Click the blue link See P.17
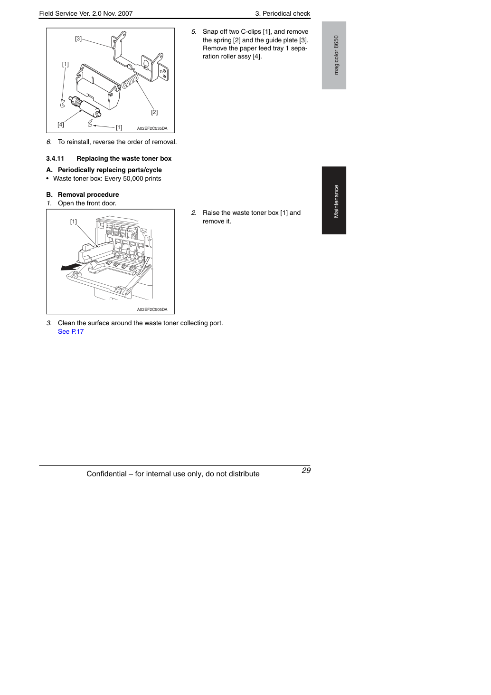(x=71, y=331)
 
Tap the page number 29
(x=306, y=470)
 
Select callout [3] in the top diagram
(x=78, y=39)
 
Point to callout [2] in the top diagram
(x=154, y=112)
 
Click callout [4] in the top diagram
(x=61, y=125)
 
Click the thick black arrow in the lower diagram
(x=71, y=267)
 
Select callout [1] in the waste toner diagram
(x=74, y=222)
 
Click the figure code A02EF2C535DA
(x=152, y=128)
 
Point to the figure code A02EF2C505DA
(x=152, y=309)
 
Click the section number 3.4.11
(x=55, y=159)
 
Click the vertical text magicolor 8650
(x=336, y=55)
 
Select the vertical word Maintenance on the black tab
(x=336, y=202)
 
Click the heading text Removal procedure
(x=88, y=194)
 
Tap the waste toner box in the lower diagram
(x=93, y=253)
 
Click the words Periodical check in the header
(x=286, y=14)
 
